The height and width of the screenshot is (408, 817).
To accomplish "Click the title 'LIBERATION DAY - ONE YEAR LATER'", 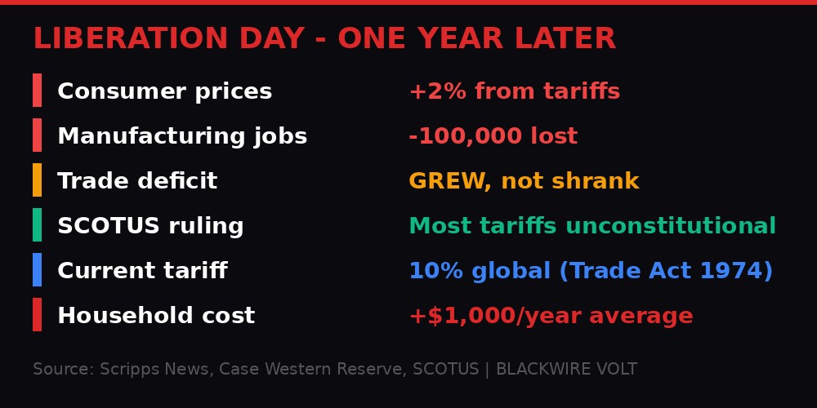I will pos(324,39).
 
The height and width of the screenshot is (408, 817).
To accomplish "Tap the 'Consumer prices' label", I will pos(164,91).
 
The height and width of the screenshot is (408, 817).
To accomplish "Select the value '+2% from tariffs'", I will pos(514,91).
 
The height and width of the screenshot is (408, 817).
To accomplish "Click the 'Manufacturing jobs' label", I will pos(182,136).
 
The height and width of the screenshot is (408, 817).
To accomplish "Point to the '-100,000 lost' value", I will pos(493,136).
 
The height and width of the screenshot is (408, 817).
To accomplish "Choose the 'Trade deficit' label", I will pos(137,181).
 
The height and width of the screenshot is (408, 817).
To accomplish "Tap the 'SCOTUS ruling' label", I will pos(150,226).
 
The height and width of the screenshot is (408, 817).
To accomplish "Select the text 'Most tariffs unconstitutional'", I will pos(592,226).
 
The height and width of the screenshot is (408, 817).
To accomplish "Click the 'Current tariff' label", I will pos(142,271).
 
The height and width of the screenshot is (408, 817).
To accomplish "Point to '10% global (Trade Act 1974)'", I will pos(591,271).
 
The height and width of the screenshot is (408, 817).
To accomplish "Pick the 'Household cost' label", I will pos(156,316).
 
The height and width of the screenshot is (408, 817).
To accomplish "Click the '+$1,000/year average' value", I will pos(551,316).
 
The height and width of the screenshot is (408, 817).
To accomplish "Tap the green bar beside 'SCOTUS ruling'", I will pos(37,225).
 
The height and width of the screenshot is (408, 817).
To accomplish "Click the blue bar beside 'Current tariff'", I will pos(37,270).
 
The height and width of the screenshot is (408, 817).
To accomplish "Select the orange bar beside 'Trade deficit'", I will pos(37,180).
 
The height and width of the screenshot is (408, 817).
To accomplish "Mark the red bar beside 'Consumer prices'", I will pos(37,91).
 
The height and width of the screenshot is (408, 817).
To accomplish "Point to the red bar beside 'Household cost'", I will pos(37,315).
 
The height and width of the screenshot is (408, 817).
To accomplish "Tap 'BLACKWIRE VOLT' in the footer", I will pos(566,370).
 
